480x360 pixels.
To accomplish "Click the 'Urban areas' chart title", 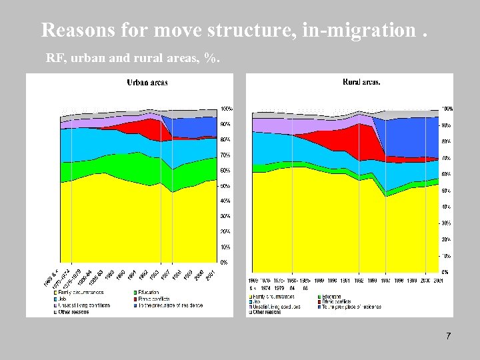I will point(147,83).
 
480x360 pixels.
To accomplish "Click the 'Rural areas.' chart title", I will point(361,83).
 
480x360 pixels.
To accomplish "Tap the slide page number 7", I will point(448,336).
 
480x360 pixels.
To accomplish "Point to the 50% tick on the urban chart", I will point(226,186).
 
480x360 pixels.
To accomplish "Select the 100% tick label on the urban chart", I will point(227,109).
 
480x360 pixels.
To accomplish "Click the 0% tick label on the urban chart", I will point(225,263).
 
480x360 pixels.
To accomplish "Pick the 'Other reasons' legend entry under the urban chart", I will point(74,311).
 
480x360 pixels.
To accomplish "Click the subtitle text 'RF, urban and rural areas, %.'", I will point(132,59).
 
